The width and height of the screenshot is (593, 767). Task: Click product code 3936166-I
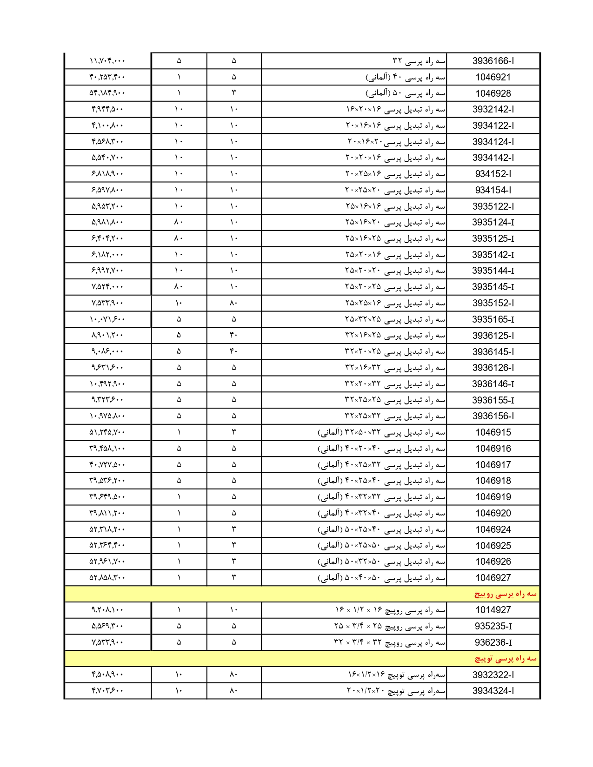point(493,61)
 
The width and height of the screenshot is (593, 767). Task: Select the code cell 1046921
point(493,77)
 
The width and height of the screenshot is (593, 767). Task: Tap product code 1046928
point(493,93)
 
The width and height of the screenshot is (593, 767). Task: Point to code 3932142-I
point(493,110)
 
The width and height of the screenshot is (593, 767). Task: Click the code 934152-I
point(493,174)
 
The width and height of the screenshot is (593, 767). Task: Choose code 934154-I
point(493,190)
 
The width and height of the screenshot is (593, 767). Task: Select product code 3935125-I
point(493,238)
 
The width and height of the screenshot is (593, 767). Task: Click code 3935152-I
point(493,303)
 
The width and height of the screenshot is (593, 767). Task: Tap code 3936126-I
point(493,368)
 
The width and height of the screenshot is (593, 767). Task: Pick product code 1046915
point(493,432)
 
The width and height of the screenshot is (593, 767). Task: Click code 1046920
point(493,513)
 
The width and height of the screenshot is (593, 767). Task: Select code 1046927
point(493,578)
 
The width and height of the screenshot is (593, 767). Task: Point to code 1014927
point(493,610)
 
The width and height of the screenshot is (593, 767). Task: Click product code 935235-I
point(493,626)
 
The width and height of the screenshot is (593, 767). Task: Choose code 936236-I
point(493,642)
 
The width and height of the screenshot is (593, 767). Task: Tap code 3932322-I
point(493,674)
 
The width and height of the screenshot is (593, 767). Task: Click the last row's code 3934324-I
point(493,691)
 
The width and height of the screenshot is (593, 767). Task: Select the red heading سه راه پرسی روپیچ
point(505,594)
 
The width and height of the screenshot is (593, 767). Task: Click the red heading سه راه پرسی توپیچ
point(505,659)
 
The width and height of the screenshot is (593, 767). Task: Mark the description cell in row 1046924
point(381,529)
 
